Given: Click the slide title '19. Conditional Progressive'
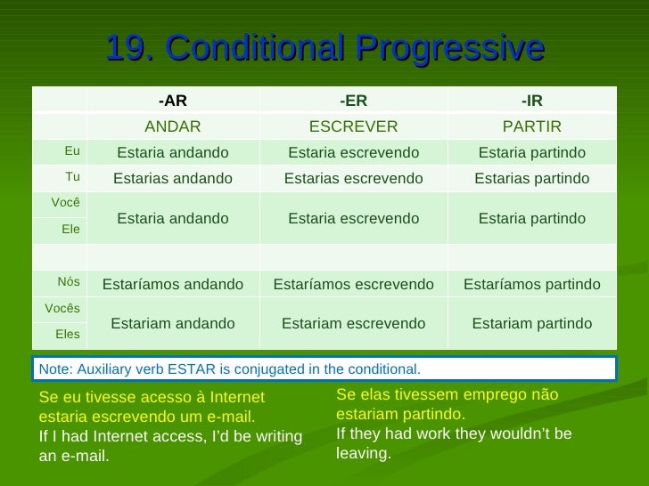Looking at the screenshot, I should (x=324, y=48).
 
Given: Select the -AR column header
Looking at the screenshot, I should (x=172, y=100).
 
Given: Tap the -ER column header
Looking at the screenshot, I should (x=353, y=100).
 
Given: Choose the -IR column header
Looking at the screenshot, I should (x=531, y=100).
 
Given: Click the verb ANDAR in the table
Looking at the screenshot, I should (x=172, y=126).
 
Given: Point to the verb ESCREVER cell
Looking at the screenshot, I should (x=353, y=126).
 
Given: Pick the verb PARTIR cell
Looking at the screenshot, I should (x=531, y=126).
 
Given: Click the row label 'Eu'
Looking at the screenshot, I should (x=72, y=151).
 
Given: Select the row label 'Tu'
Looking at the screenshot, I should (x=72, y=177).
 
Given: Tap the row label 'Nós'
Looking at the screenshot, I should (x=69, y=282).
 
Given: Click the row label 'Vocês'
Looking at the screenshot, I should (x=62, y=309).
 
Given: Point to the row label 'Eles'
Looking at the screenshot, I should (x=68, y=335).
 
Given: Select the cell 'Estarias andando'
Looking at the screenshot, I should (x=172, y=178).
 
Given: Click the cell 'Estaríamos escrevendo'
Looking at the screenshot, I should (x=353, y=284).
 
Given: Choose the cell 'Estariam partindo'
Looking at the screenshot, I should (x=531, y=323).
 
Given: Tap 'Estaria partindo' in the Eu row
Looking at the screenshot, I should (x=531, y=152).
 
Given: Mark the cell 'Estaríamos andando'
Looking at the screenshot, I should (x=172, y=284).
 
